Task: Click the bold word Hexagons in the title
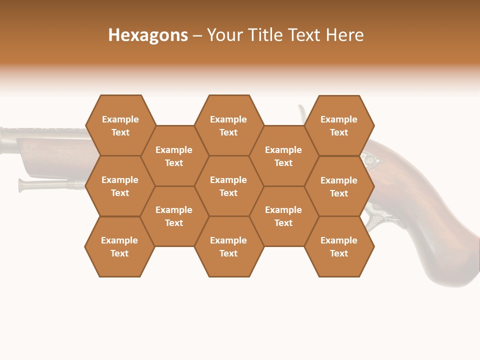click(x=148, y=35)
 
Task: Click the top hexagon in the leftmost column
click(x=120, y=125)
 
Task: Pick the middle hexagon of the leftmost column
click(x=120, y=186)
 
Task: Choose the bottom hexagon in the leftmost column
click(x=119, y=246)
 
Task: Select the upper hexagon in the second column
click(x=174, y=156)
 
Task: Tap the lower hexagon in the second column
click(x=174, y=216)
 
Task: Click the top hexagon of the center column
click(x=228, y=125)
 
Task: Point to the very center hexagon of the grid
click(x=228, y=186)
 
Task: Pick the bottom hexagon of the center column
click(x=228, y=246)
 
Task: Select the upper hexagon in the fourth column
click(x=283, y=156)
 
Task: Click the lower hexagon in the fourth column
click(x=283, y=216)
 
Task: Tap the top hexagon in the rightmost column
click(x=339, y=125)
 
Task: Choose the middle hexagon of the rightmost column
click(x=339, y=186)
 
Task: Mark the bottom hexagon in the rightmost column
click(x=339, y=246)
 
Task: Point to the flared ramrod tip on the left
click(x=23, y=185)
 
